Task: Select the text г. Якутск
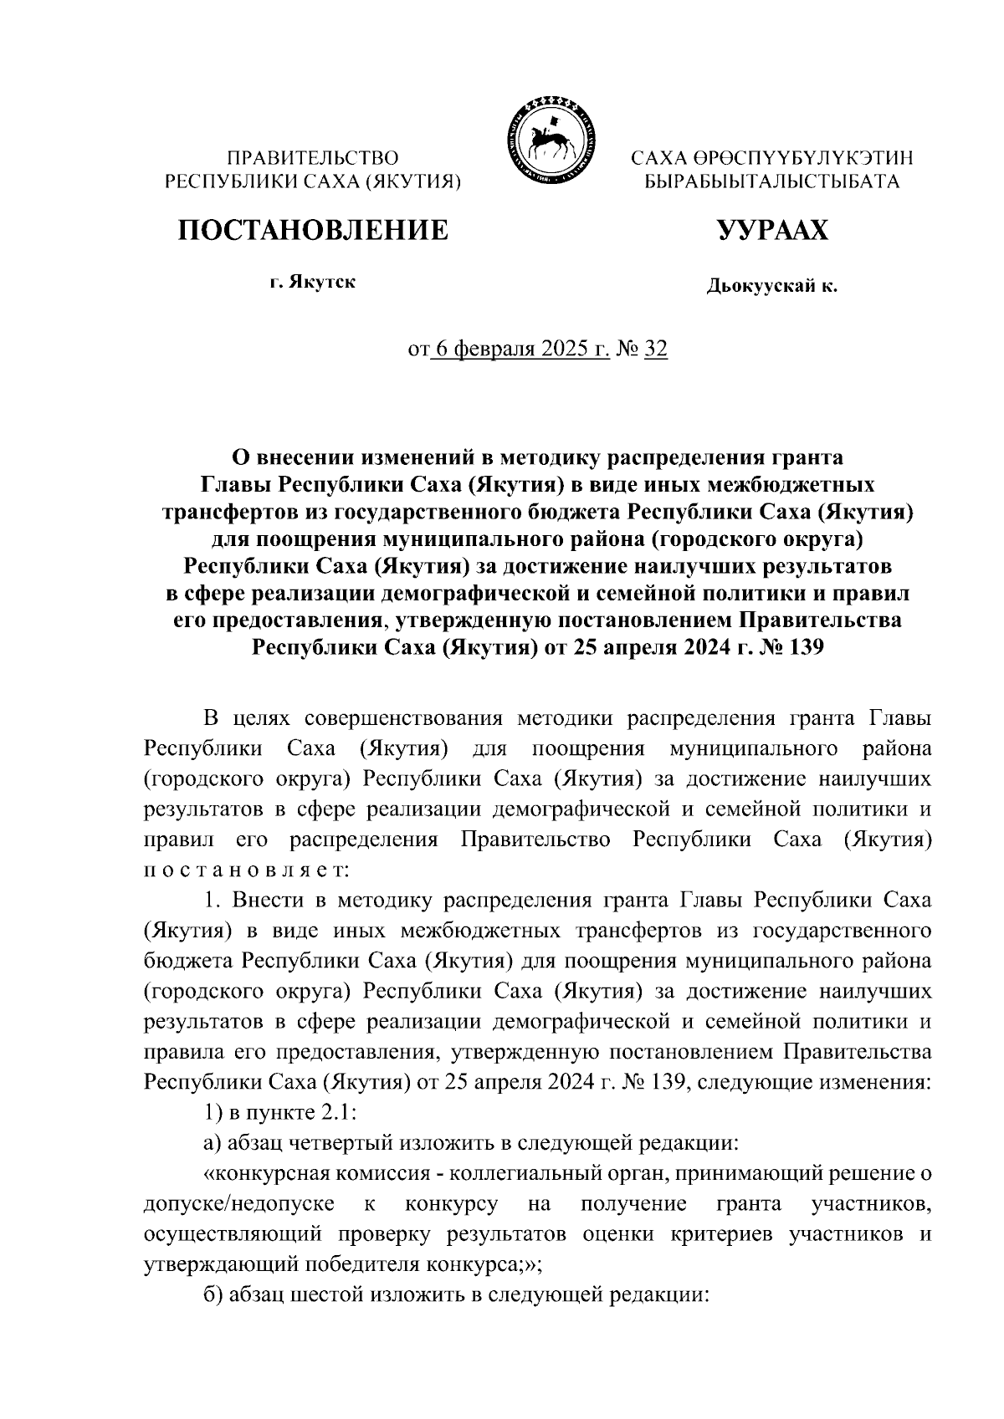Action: pos(312,283)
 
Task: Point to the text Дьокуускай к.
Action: pos(771,288)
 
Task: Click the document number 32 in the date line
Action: pos(656,349)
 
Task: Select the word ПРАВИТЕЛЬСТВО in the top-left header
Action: pos(314,157)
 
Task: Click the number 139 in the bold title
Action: pos(804,647)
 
